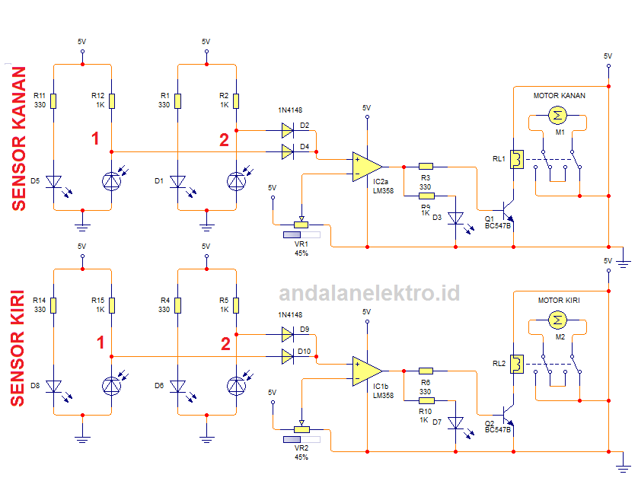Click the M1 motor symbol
pyautogui.click(x=558, y=116)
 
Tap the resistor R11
pyautogui.click(x=54, y=101)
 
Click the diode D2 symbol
pyautogui.click(x=288, y=131)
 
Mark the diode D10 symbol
pyautogui.click(x=288, y=355)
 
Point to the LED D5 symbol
pyautogui.click(x=54, y=181)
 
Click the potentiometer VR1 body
pyautogui.click(x=302, y=225)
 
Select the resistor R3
pyautogui.click(x=426, y=165)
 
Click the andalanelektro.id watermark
pyautogui.click(x=369, y=293)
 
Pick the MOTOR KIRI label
pyautogui.click(x=559, y=301)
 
